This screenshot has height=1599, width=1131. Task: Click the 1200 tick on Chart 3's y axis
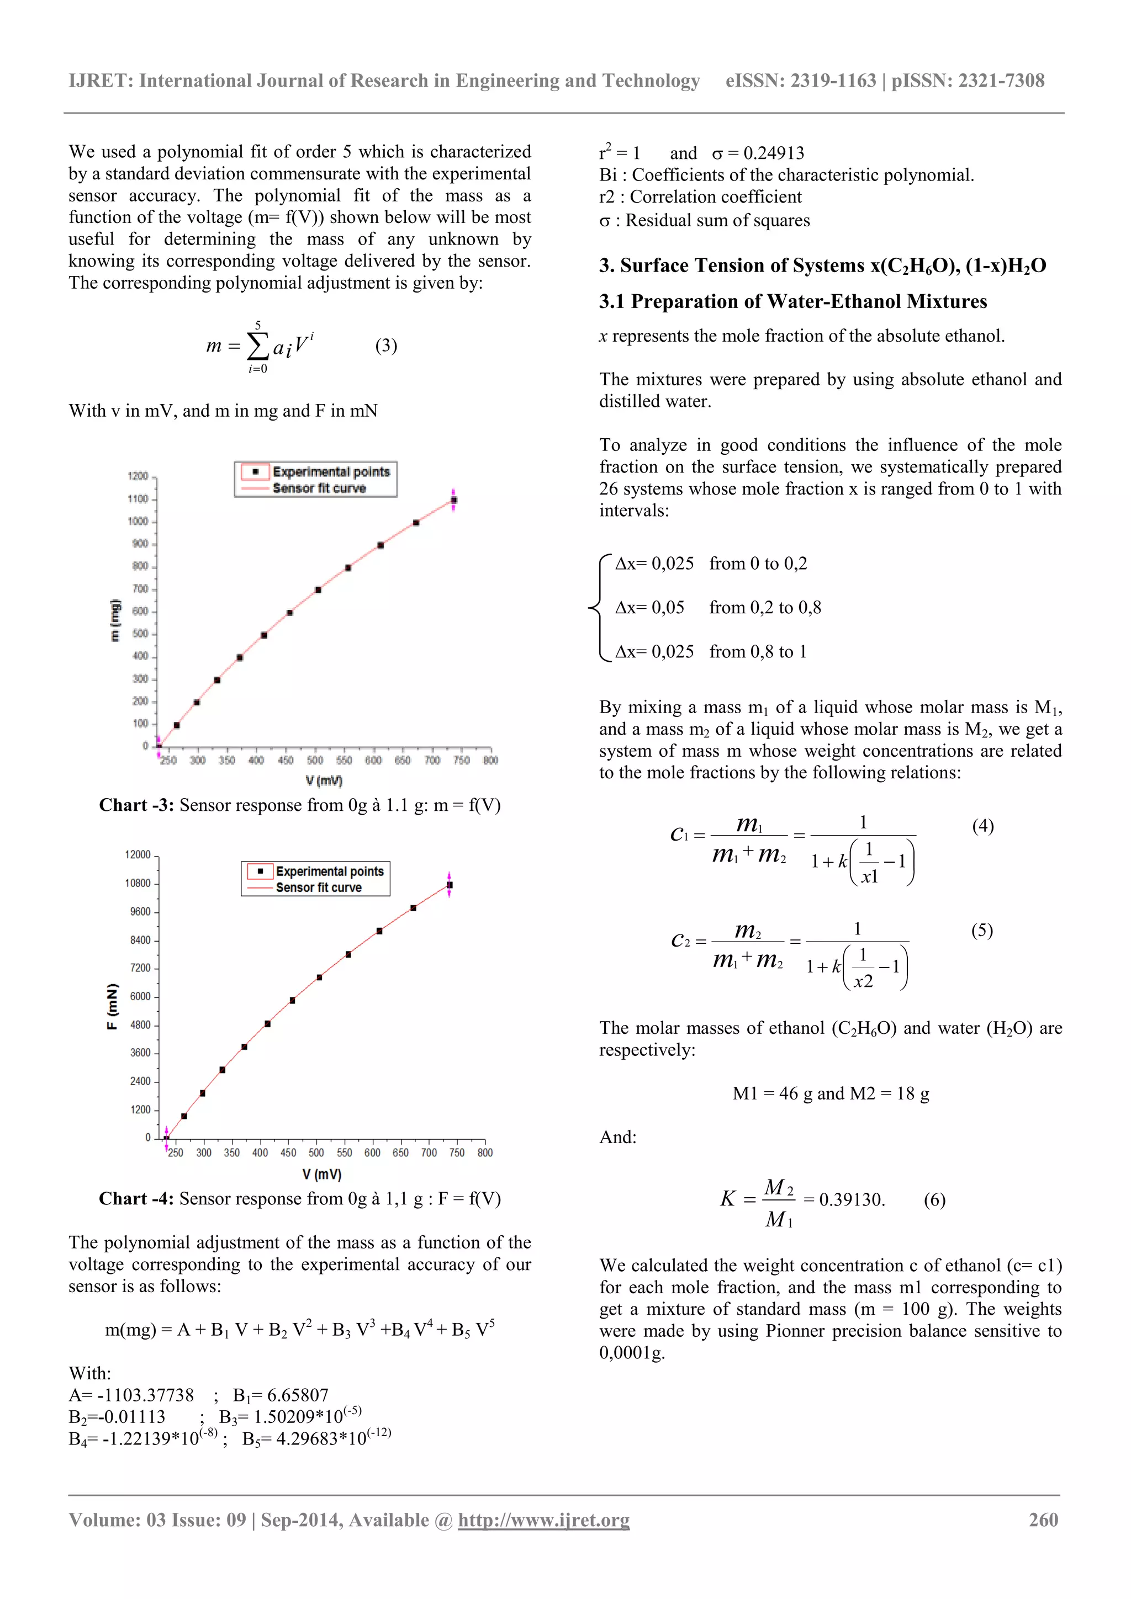[x=138, y=476]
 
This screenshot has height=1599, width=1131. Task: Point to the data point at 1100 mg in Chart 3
[x=453, y=500]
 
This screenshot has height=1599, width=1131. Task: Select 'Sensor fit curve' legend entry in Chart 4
[x=319, y=887]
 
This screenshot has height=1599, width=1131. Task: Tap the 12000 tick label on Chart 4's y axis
[x=138, y=854]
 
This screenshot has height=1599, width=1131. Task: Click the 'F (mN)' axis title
[x=112, y=1006]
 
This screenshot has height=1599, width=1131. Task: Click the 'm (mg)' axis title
[x=115, y=620]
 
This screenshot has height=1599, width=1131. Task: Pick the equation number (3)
[x=386, y=346]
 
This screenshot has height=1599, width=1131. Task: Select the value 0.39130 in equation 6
[x=852, y=1199]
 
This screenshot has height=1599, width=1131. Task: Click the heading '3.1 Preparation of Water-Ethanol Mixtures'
[x=792, y=301]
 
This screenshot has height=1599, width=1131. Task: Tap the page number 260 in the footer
[x=1043, y=1520]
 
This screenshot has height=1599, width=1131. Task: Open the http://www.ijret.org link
[x=543, y=1520]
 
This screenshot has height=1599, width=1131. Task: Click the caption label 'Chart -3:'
[x=136, y=805]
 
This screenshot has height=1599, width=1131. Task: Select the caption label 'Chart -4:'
[x=136, y=1198]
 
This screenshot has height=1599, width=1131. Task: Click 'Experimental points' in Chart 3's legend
[x=330, y=472]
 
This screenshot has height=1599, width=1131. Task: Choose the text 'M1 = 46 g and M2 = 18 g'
[x=830, y=1093]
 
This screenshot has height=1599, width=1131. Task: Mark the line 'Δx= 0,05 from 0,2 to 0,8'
[x=718, y=607]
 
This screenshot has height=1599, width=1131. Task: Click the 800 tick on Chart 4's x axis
[x=485, y=1153]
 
